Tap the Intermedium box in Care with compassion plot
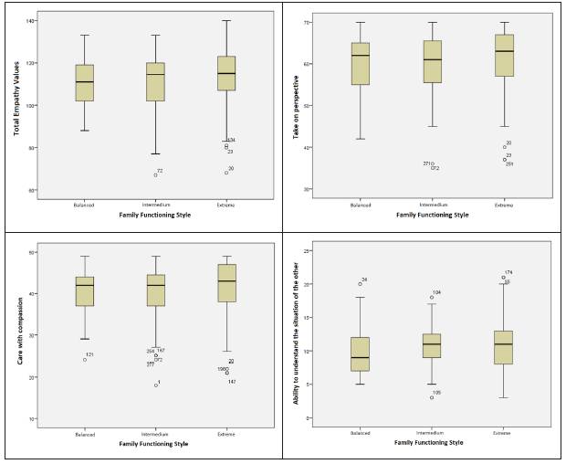[x=156, y=290]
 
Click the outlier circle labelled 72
[x=155, y=174]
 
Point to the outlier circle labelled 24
[x=359, y=283]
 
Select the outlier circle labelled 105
[x=431, y=397]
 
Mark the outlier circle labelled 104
[x=431, y=297]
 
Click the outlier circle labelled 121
[x=85, y=359]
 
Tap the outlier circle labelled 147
[x=226, y=373]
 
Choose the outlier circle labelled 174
[x=503, y=278]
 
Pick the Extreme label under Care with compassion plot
[x=226, y=434]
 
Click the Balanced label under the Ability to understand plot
[x=360, y=434]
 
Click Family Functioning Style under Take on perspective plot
[x=431, y=215]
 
